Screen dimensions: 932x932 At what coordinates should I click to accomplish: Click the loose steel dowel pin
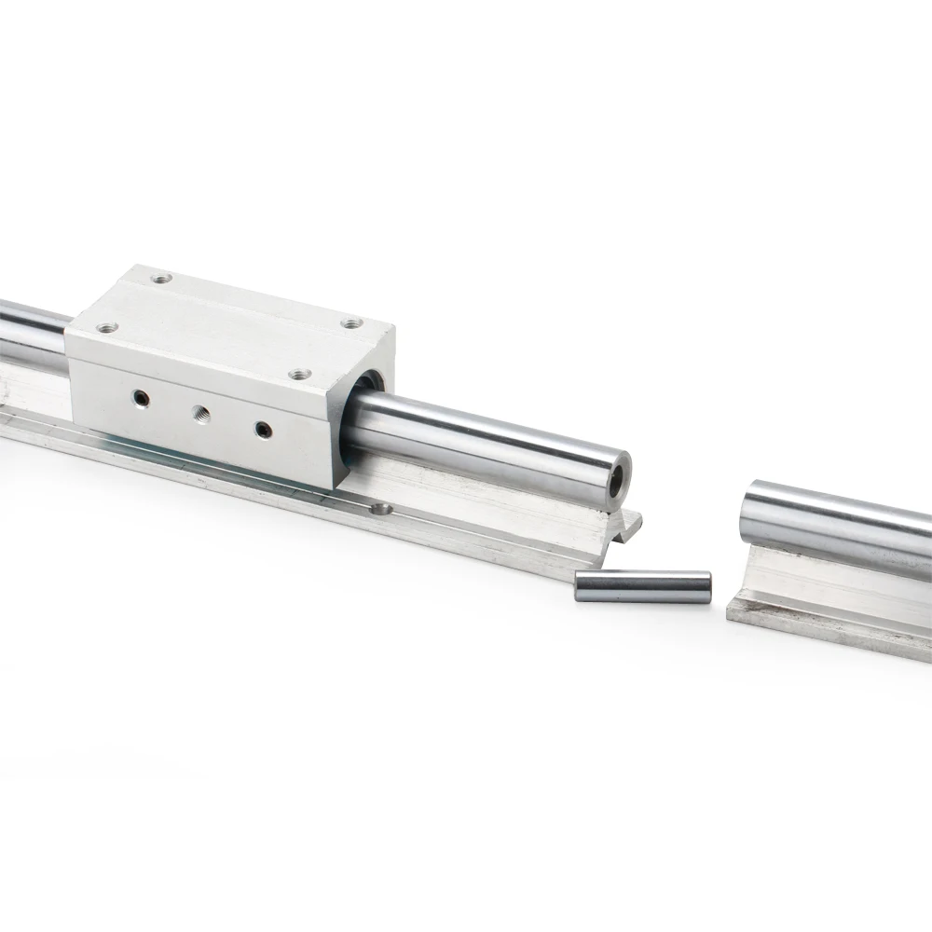pos(643,586)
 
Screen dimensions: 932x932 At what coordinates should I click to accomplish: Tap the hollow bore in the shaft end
pos(615,476)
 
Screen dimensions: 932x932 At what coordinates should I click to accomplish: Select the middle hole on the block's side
pos(199,413)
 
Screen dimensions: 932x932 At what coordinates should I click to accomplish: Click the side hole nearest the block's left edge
pos(140,398)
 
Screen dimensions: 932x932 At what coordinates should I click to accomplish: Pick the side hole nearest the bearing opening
pos(263,429)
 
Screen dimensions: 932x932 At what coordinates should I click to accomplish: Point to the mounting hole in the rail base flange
pos(380,509)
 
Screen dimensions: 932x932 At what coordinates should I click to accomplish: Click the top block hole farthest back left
pos(161,278)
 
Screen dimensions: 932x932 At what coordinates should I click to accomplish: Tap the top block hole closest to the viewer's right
pos(298,374)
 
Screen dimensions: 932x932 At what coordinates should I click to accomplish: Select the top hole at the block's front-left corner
pos(106,328)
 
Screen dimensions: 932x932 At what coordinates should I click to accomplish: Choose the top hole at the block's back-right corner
pos(351,322)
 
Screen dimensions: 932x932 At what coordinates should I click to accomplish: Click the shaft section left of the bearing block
pos(33,331)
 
